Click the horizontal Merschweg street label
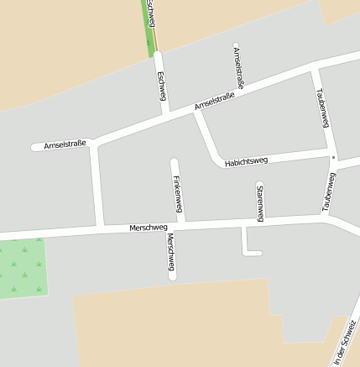click(x=149, y=228)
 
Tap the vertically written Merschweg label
click(x=170, y=254)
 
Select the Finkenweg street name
click(x=177, y=194)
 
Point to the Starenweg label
click(x=260, y=202)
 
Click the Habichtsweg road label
click(x=246, y=161)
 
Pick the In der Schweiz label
click(x=344, y=345)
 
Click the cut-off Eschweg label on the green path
click(x=151, y=13)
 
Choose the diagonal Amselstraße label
click(x=214, y=102)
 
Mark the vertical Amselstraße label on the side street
click(x=238, y=66)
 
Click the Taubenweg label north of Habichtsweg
click(x=320, y=107)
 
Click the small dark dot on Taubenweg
click(x=333, y=157)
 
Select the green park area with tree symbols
click(x=22, y=267)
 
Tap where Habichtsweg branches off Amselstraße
click(x=198, y=113)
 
